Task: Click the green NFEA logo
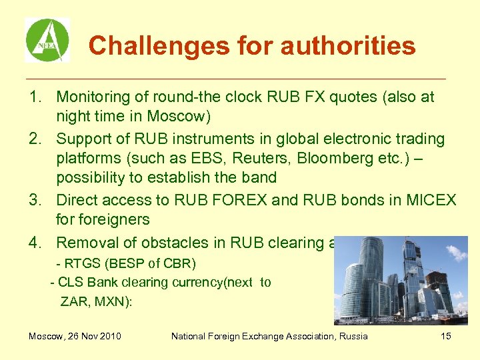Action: click(x=47, y=40)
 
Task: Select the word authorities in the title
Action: click(x=348, y=46)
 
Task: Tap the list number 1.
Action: click(x=35, y=97)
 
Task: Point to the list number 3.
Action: click(x=35, y=200)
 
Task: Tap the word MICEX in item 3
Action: click(x=431, y=200)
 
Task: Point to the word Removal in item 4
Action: click(x=85, y=243)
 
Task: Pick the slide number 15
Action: click(x=446, y=336)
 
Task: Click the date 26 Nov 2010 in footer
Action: click(x=94, y=336)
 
